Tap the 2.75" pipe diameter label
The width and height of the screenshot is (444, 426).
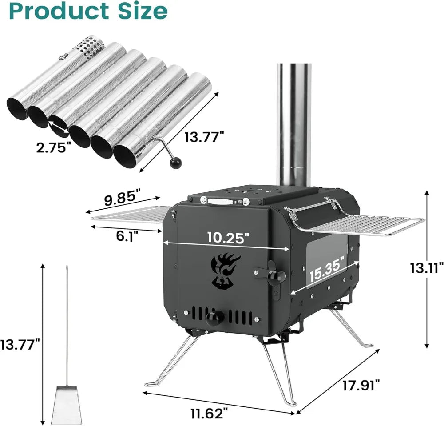(53, 147)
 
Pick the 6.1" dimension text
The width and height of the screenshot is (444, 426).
(125, 236)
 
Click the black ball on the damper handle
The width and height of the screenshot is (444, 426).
(175, 163)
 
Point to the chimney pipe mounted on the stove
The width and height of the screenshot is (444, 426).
(293, 124)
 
